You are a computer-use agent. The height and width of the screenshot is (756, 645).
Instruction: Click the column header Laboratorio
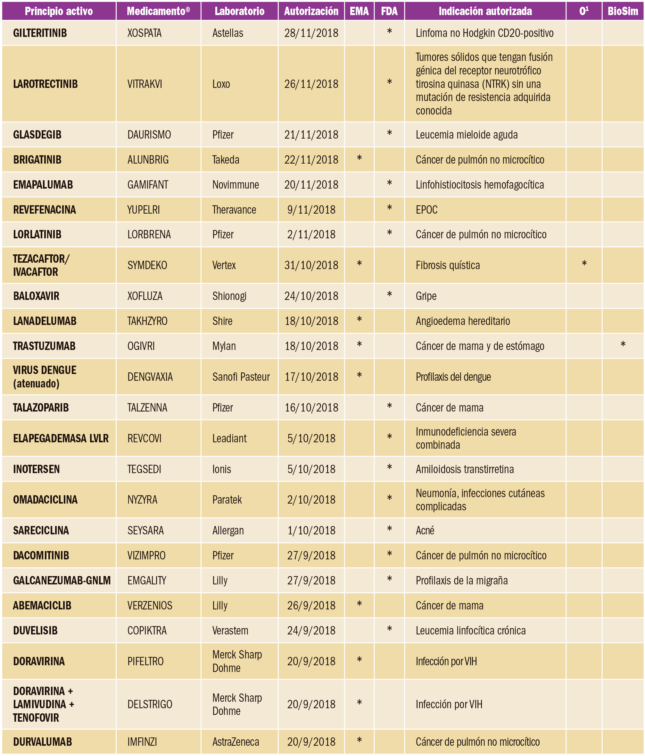(x=239, y=11)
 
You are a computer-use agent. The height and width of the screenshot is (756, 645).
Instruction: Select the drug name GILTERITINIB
(x=40, y=33)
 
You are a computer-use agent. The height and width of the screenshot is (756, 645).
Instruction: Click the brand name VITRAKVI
(x=145, y=84)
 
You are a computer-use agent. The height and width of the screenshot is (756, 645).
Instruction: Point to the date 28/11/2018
(x=311, y=33)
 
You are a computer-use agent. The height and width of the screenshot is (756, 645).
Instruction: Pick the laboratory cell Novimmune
(x=236, y=185)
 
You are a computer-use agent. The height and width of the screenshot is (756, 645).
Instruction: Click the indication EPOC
(x=426, y=210)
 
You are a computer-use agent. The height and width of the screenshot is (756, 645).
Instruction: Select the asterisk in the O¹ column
(x=584, y=264)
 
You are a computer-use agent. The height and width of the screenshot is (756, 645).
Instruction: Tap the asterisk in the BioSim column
(x=623, y=344)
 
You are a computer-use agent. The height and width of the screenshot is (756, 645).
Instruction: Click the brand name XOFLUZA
(x=145, y=296)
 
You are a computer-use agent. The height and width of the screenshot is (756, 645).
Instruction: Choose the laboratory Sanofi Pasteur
(x=241, y=377)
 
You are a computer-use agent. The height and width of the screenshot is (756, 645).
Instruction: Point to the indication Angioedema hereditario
(x=463, y=321)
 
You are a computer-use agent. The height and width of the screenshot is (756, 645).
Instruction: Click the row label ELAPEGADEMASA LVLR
(x=61, y=438)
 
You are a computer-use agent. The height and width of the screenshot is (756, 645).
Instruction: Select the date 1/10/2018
(x=311, y=531)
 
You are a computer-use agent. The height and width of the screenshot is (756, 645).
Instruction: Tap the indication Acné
(x=425, y=531)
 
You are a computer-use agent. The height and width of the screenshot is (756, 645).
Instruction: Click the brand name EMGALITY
(x=147, y=581)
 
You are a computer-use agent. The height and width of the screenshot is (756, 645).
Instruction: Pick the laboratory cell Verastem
(x=230, y=631)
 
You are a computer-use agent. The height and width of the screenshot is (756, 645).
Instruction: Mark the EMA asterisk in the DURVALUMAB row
(x=359, y=741)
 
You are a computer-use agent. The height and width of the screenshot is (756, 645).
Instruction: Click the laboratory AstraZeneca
(x=236, y=742)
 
